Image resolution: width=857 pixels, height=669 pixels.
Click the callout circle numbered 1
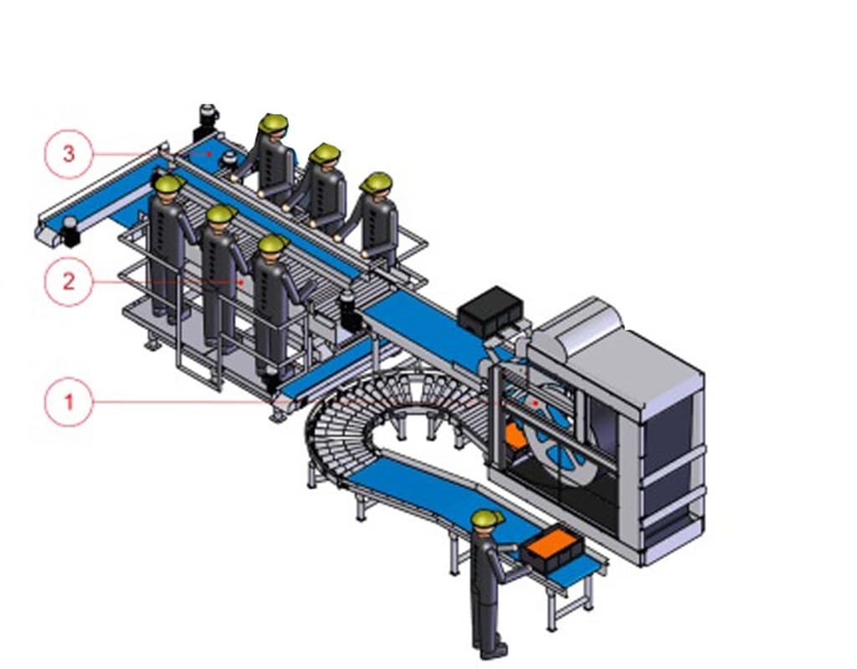pos(69,402)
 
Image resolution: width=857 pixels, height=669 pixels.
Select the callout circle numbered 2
pos(69,281)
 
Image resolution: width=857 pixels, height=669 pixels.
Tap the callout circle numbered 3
pos(69,154)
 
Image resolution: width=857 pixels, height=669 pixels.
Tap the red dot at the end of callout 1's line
pos(536,403)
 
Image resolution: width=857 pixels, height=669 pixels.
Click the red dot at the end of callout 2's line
pos(242,281)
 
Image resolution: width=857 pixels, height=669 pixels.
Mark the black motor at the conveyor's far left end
pos(71,231)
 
